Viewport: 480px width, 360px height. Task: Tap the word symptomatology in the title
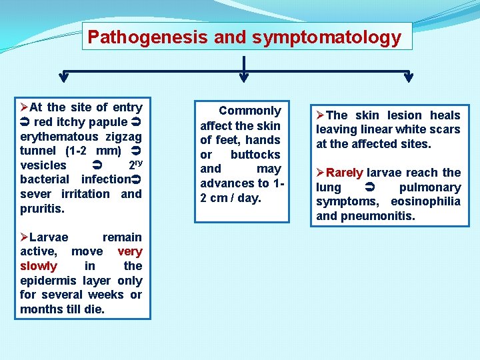(x=327, y=37)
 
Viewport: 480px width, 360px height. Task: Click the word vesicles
(x=43, y=165)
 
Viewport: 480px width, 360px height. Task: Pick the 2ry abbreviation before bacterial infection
(x=134, y=164)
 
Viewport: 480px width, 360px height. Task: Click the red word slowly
(x=39, y=266)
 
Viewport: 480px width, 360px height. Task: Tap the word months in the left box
(x=41, y=309)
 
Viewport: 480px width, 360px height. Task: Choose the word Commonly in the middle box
(x=250, y=111)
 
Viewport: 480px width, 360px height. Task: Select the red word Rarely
(x=345, y=173)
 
